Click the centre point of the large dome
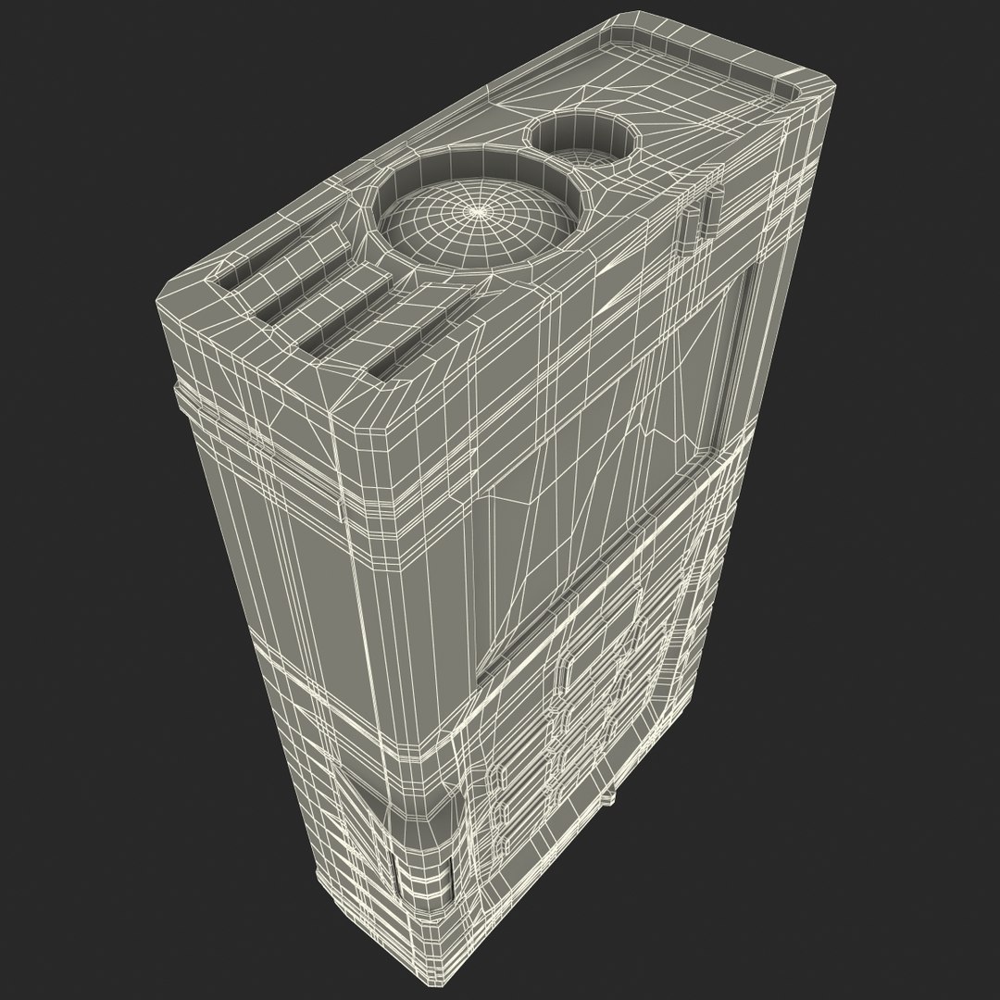(478, 212)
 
